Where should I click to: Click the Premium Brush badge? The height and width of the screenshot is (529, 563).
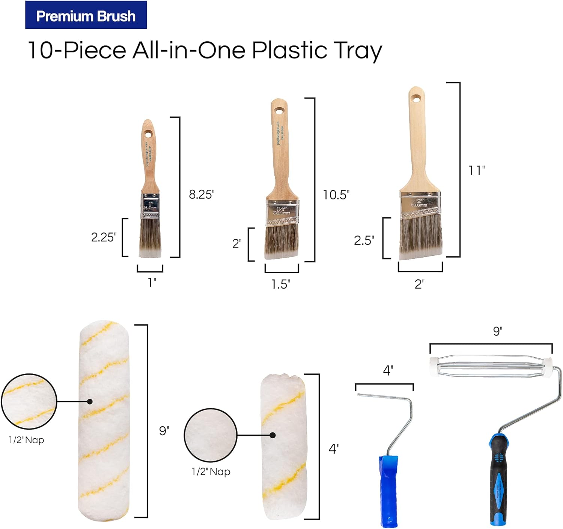click(86, 15)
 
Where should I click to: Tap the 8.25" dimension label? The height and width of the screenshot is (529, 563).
click(202, 194)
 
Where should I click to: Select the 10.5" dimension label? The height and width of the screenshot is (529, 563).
click(336, 195)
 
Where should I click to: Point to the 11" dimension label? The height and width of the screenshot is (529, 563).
click(477, 170)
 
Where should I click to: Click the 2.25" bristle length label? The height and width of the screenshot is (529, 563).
click(104, 237)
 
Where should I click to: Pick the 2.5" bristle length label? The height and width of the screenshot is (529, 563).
click(364, 240)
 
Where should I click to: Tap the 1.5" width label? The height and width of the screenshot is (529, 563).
click(280, 284)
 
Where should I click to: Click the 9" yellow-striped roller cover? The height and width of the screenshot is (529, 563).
click(104, 420)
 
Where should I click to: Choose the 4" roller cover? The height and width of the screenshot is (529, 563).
click(283, 446)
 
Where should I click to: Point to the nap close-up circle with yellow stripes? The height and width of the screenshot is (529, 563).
click(29, 401)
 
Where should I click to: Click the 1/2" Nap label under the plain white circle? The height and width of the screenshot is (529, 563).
click(211, 471)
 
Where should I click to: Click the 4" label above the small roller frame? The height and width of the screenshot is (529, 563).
click(388, 370)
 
